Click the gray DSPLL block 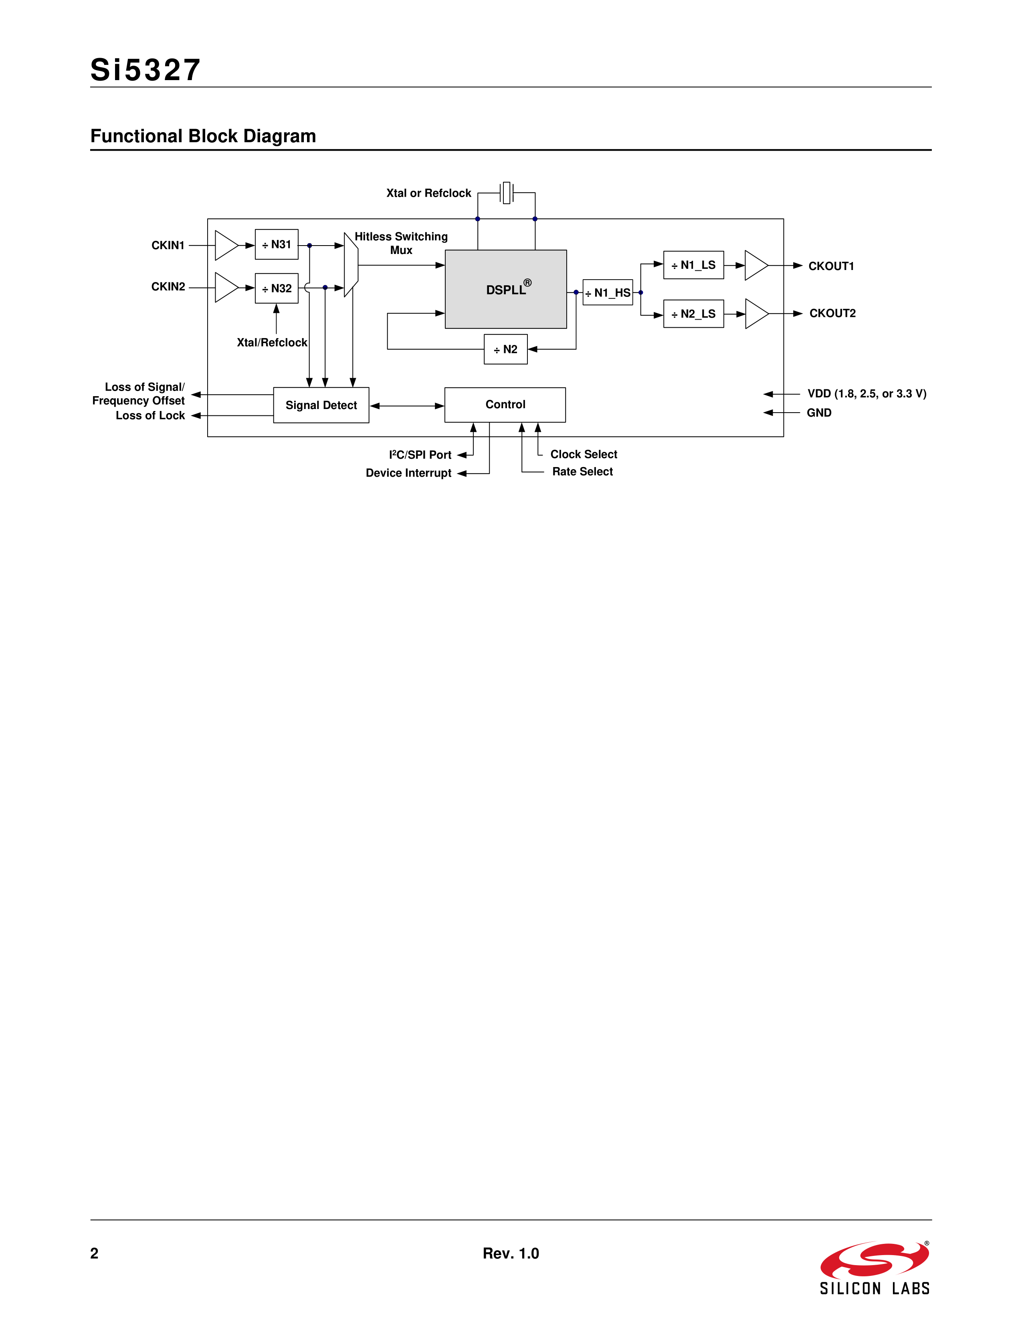(x=505, y=289)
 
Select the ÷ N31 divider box (x=277, y=244)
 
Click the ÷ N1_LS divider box (x=693, y=265)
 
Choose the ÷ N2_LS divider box (x=693, y=314)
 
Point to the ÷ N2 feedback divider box (x=505, y=349)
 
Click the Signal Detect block (x=321, y=405)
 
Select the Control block (x=505, y=404)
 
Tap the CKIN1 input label (x=168, y=245)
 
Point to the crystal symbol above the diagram (x=507, y=192)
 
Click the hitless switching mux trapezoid (x=351, y=265)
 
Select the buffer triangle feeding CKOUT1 (x=755, y=265)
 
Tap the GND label (x=818, y=413)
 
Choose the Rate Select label (x=582, y=472)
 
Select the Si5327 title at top (x=145, y=70)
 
